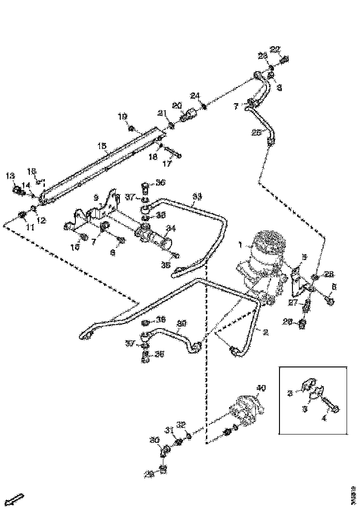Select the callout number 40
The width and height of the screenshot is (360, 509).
click(x=261, y=388)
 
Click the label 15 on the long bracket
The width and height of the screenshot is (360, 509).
click(x=102, y=146)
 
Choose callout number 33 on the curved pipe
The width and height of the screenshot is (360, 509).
click(x=197, y=197)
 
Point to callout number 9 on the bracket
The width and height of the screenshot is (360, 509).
click(x=96, y=197)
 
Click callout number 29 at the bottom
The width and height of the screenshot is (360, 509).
click(x=149, y=474)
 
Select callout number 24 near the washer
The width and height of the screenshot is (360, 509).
click(x=195, y=96)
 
